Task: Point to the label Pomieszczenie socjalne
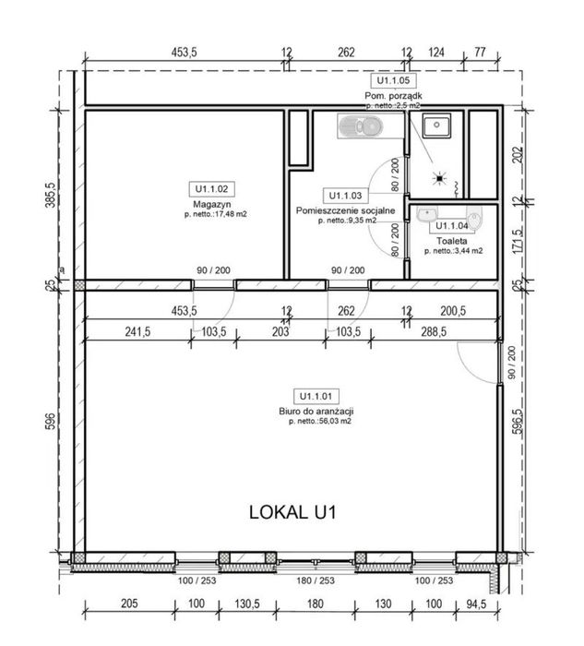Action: point(346,210)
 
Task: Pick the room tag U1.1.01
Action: point(315,394)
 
